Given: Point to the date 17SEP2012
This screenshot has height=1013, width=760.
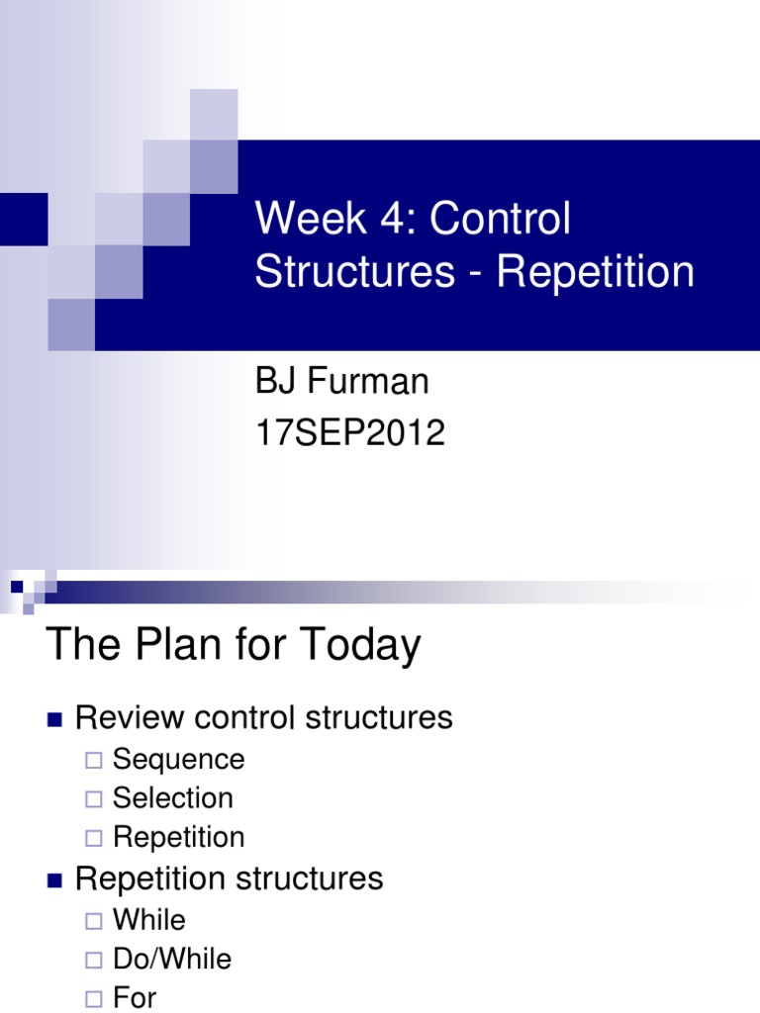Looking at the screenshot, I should click(349, 432).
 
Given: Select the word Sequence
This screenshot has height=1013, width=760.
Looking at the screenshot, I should click(178, 760).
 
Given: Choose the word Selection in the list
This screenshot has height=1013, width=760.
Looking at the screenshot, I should click(173, 798).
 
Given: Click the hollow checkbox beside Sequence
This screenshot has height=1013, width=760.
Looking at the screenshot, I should click(94, 761).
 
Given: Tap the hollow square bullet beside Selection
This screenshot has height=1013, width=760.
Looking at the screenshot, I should click(94, 799).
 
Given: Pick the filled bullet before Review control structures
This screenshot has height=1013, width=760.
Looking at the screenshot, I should click(55, 719).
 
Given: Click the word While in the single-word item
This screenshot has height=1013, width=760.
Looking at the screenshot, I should click(149, 920).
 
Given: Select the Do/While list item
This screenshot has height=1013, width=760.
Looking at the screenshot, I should click(172, 959).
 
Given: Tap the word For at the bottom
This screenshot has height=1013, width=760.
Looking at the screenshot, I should click(135, 997).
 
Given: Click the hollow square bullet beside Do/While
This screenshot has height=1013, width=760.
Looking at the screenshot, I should click(94, 960).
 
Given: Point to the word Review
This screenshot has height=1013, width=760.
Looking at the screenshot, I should click(124, 717).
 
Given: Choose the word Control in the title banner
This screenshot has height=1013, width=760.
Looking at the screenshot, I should click(500, 219).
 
